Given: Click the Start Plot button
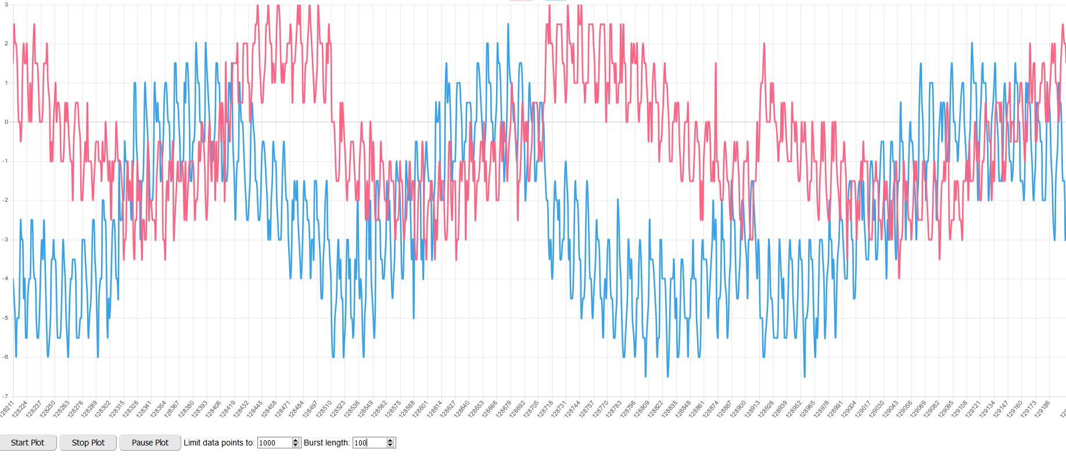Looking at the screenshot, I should coord(28,443).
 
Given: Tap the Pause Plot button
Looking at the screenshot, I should coord(150,443).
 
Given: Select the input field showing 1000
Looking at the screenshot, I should coord(275,443).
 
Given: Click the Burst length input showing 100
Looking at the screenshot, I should coord(369,443).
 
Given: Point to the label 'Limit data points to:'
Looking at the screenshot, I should coord(219,443).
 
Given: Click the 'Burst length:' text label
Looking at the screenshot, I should coord(326,443).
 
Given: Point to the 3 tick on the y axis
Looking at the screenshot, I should coord(6,5).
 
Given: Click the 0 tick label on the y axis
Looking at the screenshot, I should coord(6,122).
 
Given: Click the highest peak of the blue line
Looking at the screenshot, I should coord(508,24).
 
